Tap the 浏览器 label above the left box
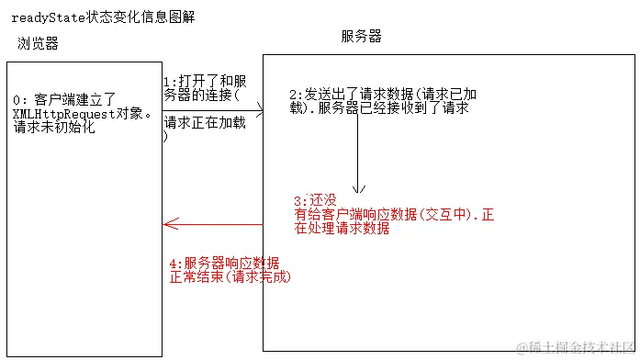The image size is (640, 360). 38,43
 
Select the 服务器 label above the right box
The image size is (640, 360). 361,36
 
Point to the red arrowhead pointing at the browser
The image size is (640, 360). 166,223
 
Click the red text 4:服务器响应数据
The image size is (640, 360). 224,262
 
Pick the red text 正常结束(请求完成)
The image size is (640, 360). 230,276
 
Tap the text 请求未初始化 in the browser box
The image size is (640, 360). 54,128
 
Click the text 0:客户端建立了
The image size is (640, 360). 62,99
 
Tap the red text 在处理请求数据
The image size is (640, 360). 342,229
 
